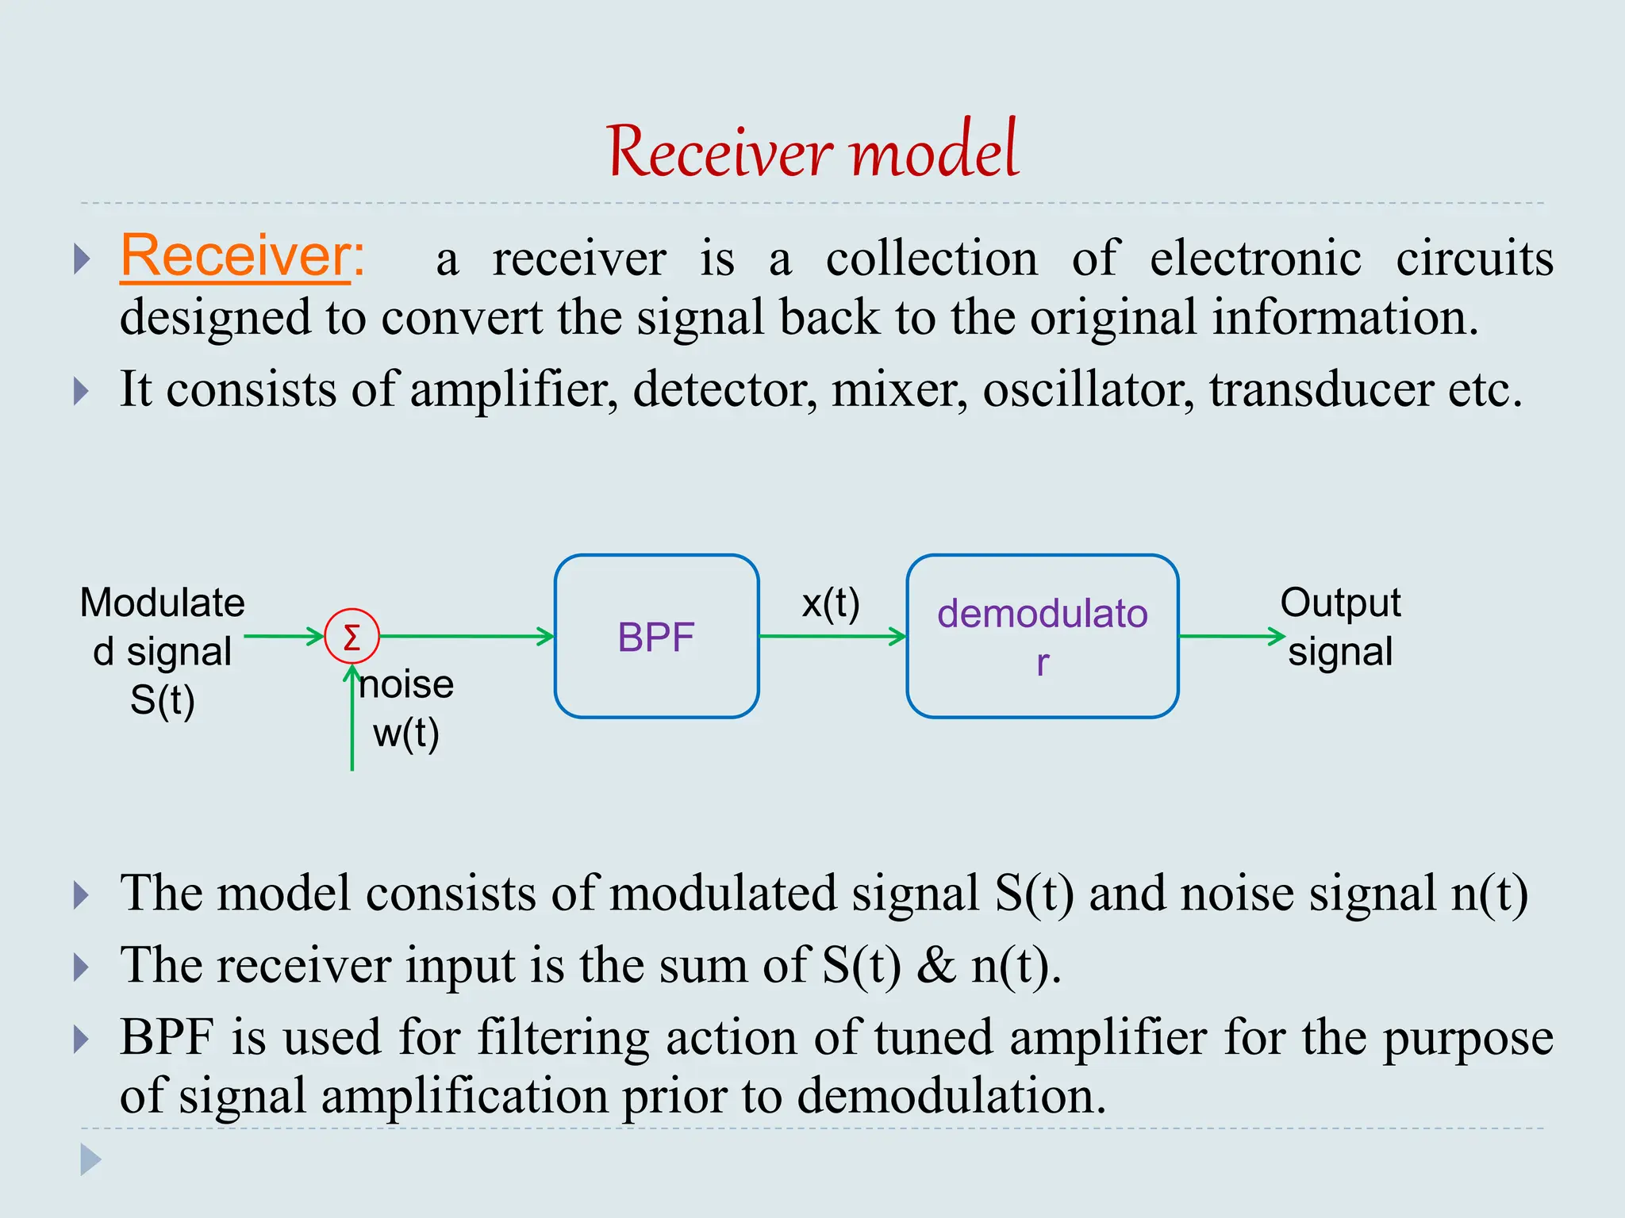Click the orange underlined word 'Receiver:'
242,256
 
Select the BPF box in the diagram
656,637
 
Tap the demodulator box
1042,637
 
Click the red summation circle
352,636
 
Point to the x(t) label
831,603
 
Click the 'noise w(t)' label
406,708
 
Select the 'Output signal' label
1340,627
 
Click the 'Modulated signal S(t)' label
162,651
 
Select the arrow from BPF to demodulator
832,636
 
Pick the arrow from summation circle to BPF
467,636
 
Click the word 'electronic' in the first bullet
1255,259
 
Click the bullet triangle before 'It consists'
81,391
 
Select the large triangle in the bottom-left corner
90,1159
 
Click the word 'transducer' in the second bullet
1321,389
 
